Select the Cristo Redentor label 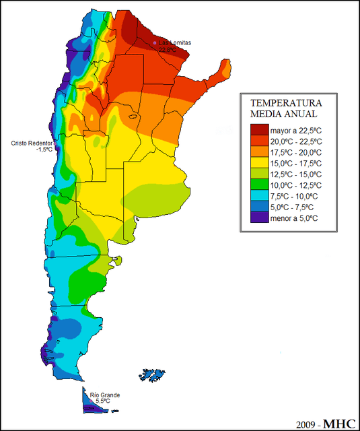(x=32, y=143)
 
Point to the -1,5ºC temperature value (x=44, y=150)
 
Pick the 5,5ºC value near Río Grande (x=104, y=401)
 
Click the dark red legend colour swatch (x=259, y=129)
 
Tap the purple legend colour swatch (x=259, y=218)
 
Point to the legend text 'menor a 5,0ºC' (x=295, y=218)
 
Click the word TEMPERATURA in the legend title (x=286, y=104)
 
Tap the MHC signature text (x=340, y=424)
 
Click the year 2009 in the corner (x=306, y=424)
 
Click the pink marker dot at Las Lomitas (x=155, y=43)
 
